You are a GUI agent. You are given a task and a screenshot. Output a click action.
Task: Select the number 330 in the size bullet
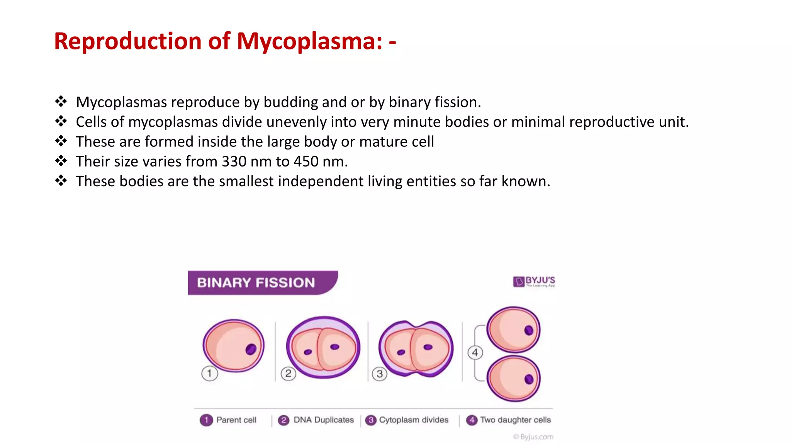click(234, 161)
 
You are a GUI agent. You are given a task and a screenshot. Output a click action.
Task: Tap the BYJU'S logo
click(534, 281)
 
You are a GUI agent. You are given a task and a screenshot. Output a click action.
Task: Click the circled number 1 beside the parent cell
click(209, 374)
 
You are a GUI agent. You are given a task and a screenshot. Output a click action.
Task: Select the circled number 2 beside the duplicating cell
click(288, 374)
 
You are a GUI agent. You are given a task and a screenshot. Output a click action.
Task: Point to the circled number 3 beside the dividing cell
click(380, 374)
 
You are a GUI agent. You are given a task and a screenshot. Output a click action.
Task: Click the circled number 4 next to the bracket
click(475, 352)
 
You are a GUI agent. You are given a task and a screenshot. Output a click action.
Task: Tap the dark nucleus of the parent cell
click(251, 349)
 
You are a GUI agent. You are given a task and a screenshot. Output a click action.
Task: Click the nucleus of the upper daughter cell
click(529, 330)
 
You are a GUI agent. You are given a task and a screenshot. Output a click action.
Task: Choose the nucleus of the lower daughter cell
click(529, 379)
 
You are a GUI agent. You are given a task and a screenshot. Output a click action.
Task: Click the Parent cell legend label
click(236, 420)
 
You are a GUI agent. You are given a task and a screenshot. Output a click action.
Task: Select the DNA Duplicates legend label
click(323, 420)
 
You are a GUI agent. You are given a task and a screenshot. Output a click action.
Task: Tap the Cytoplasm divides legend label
click(414, 420)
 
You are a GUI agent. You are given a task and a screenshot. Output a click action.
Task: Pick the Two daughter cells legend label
click(515, 420)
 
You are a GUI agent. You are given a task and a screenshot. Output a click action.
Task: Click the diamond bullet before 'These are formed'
click(61, 141)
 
